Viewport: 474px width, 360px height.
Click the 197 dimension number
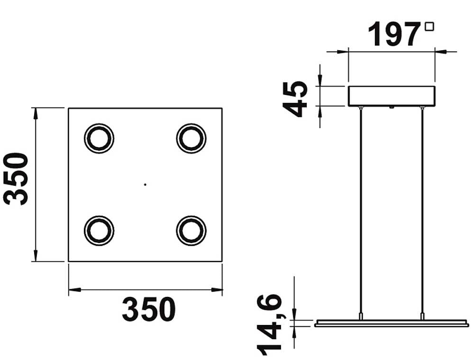coord(394,34)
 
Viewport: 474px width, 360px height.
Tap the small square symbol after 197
coord(429,27)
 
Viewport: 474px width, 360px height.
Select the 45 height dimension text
coord(295,99)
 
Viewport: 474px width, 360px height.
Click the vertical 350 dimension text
coord(16,179)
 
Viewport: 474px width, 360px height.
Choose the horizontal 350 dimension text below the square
coord(149,309)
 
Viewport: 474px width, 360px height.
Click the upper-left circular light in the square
coord(99,138)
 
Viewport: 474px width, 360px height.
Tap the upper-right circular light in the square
coord(191,138)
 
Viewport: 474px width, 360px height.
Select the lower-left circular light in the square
coord(99,231)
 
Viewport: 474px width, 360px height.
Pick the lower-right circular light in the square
coord(191,231)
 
